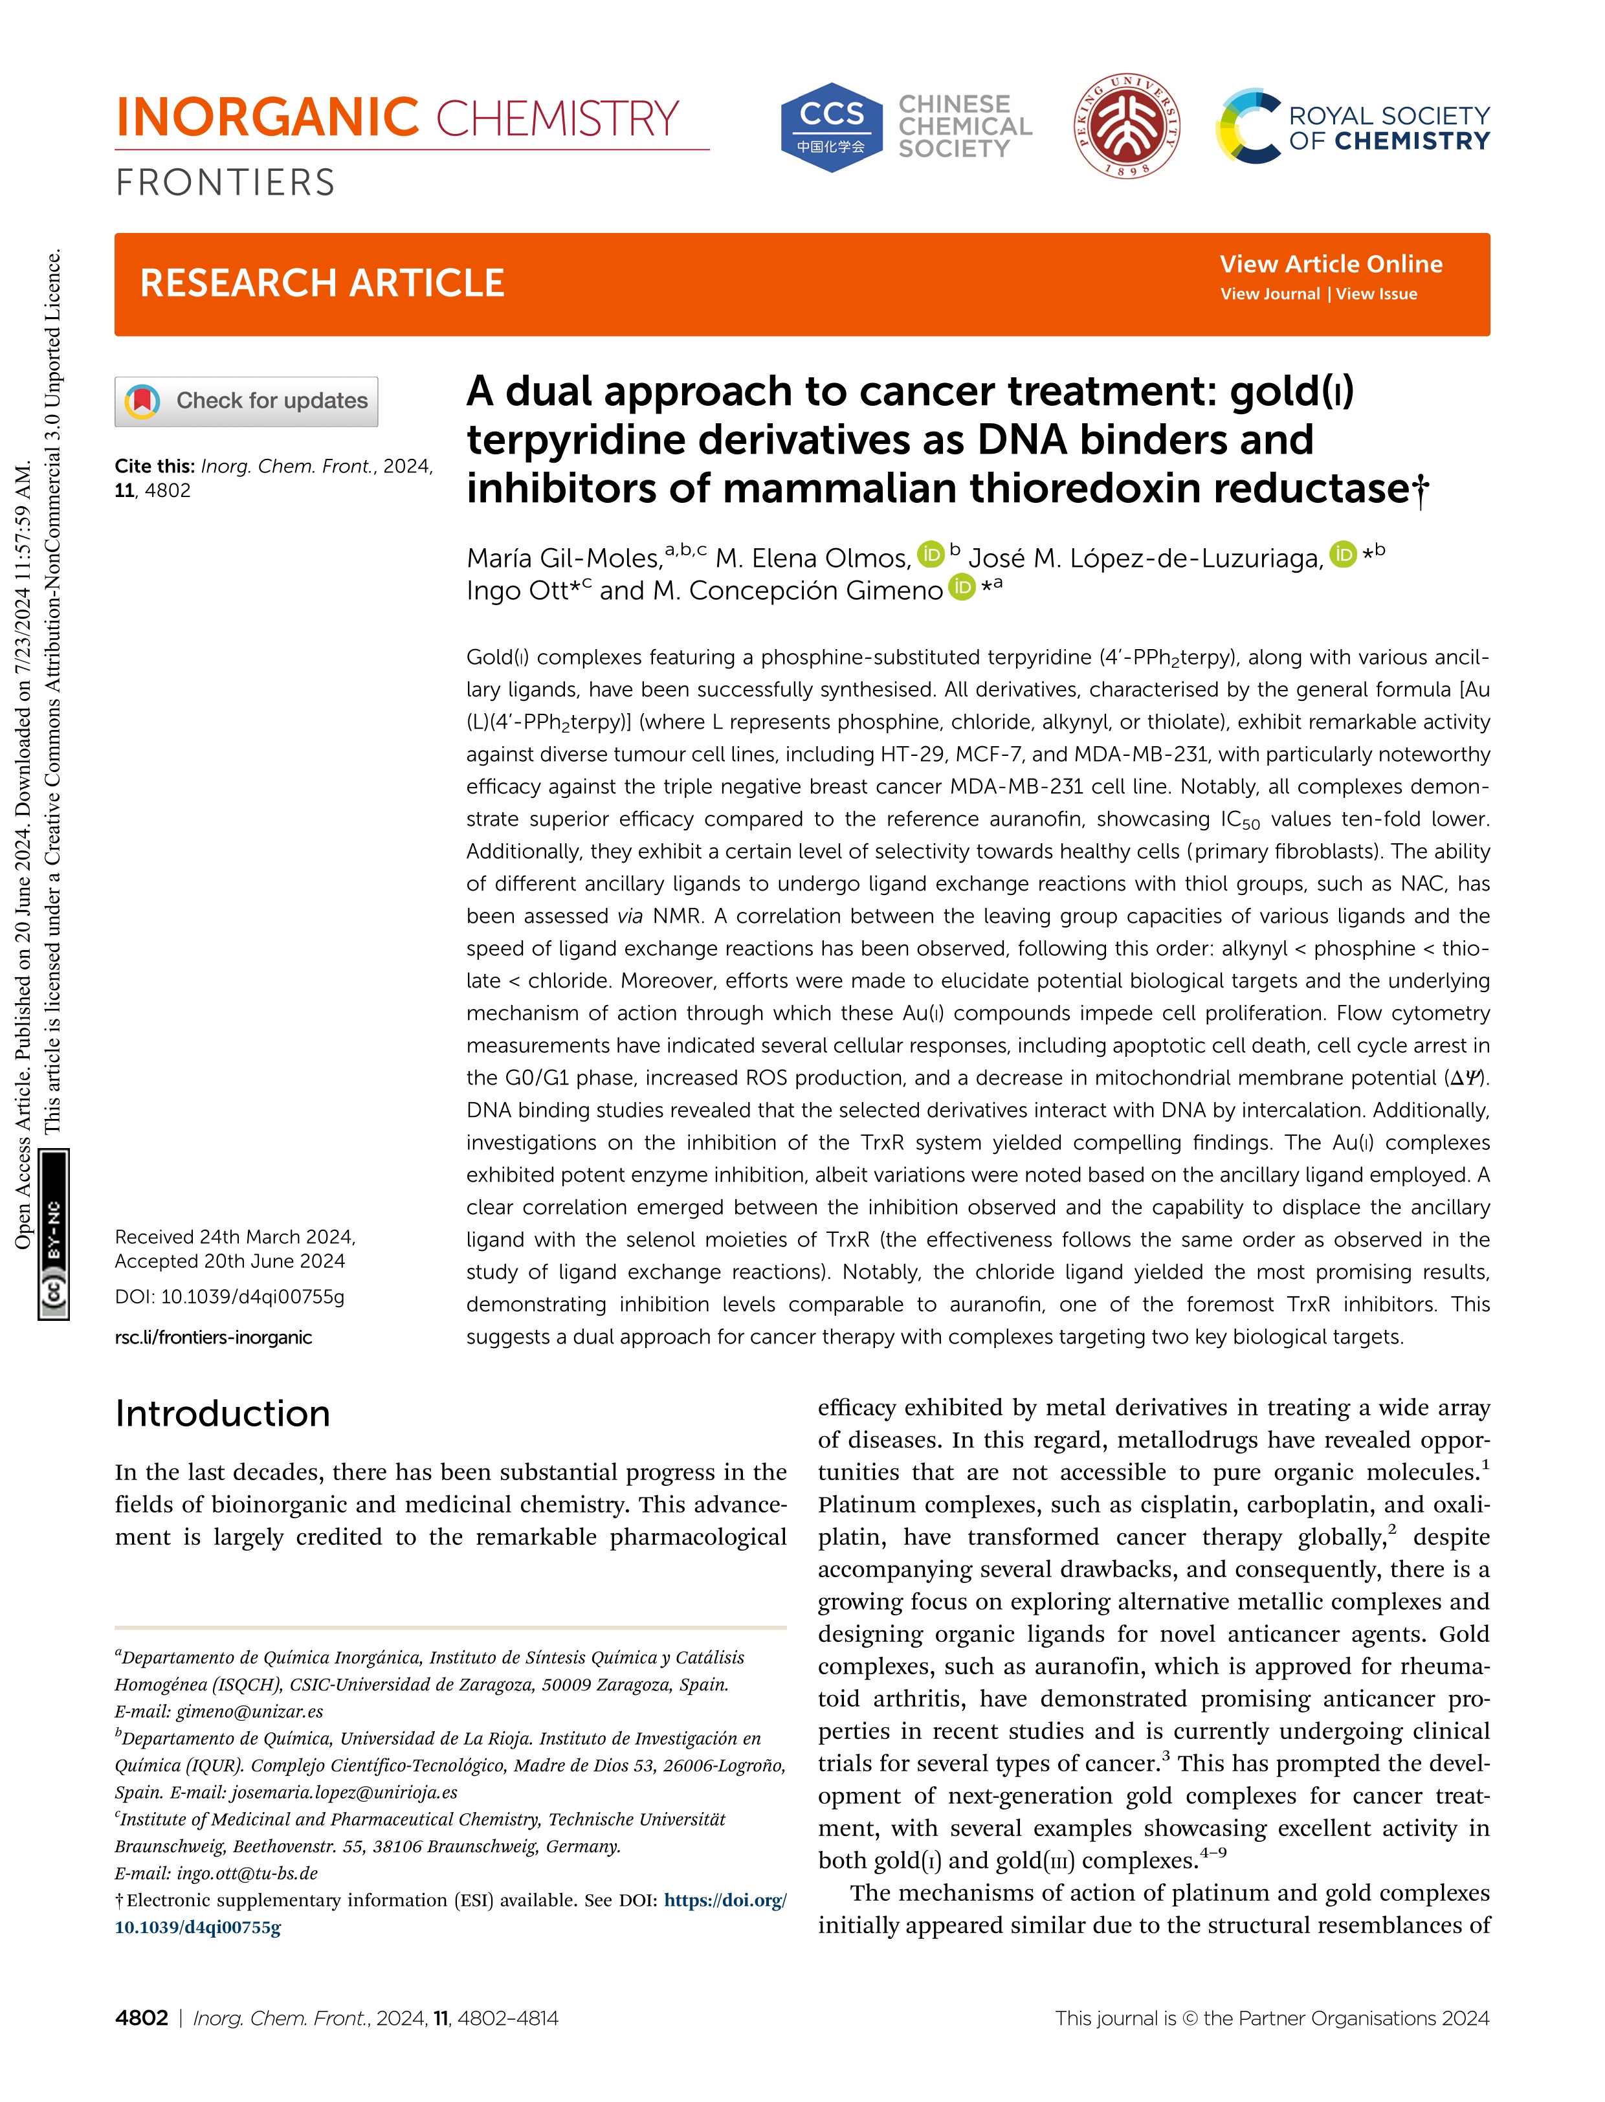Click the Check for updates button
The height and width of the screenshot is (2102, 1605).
(x=247, y=401)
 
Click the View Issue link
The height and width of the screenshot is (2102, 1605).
(x=1376, y=294)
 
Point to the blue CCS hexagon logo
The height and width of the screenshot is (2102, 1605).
(x=831, y=127)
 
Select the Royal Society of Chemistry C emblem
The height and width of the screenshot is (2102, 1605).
(x=1246, y=126)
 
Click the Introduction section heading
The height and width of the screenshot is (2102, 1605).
(x=223, y=1413)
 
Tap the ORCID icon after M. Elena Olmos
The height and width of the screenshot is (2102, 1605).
(x=929, y=554)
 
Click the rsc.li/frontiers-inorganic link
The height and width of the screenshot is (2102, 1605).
(x=213, y=1336)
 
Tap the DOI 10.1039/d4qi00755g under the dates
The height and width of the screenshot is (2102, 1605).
(x=229, y=1296)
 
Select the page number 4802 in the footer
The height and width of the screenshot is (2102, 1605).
(x=141, y=2018)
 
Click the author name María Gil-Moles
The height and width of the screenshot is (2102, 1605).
(x=564, y=558)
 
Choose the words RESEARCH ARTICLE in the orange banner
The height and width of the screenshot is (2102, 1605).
(x=322, y=283)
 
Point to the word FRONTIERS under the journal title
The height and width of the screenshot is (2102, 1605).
(x=225, y=183)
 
